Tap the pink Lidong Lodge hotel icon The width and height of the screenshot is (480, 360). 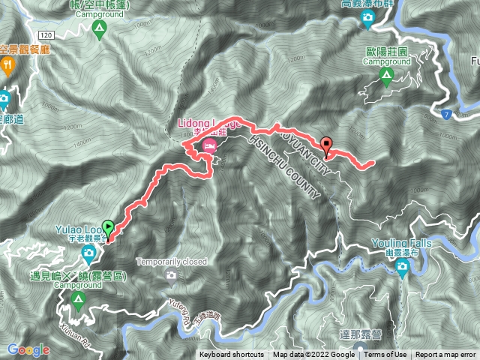pos(208,149)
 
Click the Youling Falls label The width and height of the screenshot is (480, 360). pos(401,244)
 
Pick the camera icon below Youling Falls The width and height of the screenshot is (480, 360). pos(402,268)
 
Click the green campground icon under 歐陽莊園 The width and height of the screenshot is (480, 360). pos(386,75)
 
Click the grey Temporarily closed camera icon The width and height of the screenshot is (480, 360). pos(171,274)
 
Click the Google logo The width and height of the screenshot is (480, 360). pos(28,349)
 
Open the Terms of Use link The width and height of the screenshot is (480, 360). pos(385,355)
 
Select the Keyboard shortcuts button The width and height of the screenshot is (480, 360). pos(232,355)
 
